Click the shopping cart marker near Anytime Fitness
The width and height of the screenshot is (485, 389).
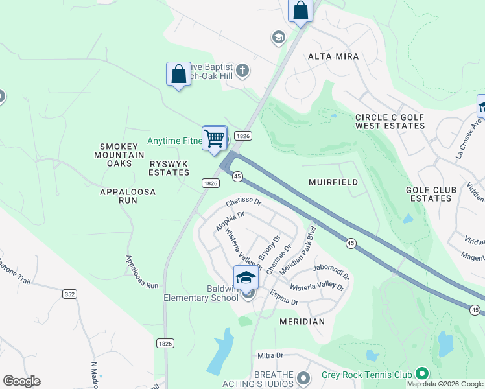[215, 137]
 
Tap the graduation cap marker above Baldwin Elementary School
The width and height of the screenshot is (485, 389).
[246, 277]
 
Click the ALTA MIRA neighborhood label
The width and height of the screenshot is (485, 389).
[328, 56]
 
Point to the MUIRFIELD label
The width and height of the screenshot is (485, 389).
[333, 182]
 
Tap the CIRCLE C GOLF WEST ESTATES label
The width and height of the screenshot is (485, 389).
[390, 121]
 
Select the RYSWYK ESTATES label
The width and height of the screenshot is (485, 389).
[169, 168]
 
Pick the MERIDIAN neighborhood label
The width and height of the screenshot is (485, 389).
[302, 322]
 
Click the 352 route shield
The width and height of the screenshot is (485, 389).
[71, 294]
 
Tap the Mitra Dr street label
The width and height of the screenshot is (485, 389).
[270, 355]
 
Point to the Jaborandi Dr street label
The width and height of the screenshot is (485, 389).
[331, 266]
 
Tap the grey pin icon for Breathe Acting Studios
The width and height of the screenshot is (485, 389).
[303, 377]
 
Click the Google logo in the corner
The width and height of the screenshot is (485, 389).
[21, 381]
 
